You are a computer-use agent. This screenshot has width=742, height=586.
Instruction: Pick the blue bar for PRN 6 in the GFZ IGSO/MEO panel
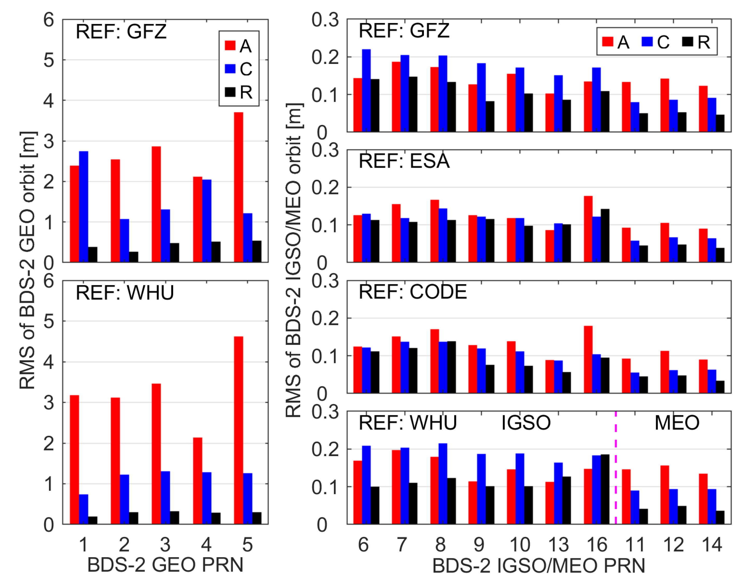(366, 91)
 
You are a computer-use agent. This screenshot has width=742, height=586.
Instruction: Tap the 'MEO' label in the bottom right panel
(677, 423)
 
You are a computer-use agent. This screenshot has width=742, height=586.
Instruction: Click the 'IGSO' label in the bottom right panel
(526, 423)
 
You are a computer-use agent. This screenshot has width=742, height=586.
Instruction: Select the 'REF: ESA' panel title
(404, 161)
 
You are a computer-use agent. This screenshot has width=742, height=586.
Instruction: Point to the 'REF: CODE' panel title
(413, 292)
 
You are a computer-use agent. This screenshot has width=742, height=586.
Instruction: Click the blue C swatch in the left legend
(230, 69)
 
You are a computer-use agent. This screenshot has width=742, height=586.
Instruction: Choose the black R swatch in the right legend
(688, 42)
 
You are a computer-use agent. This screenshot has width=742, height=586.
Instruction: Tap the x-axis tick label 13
(559, 545)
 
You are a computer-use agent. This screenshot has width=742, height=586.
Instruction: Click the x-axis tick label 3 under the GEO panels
(165, 545)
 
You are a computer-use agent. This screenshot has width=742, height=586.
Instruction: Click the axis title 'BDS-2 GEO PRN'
(165, 565)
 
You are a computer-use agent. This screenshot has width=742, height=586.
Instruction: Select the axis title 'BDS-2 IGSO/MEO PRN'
(539, 566)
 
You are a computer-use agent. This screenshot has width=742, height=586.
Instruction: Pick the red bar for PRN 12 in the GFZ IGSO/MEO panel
(664, 105)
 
